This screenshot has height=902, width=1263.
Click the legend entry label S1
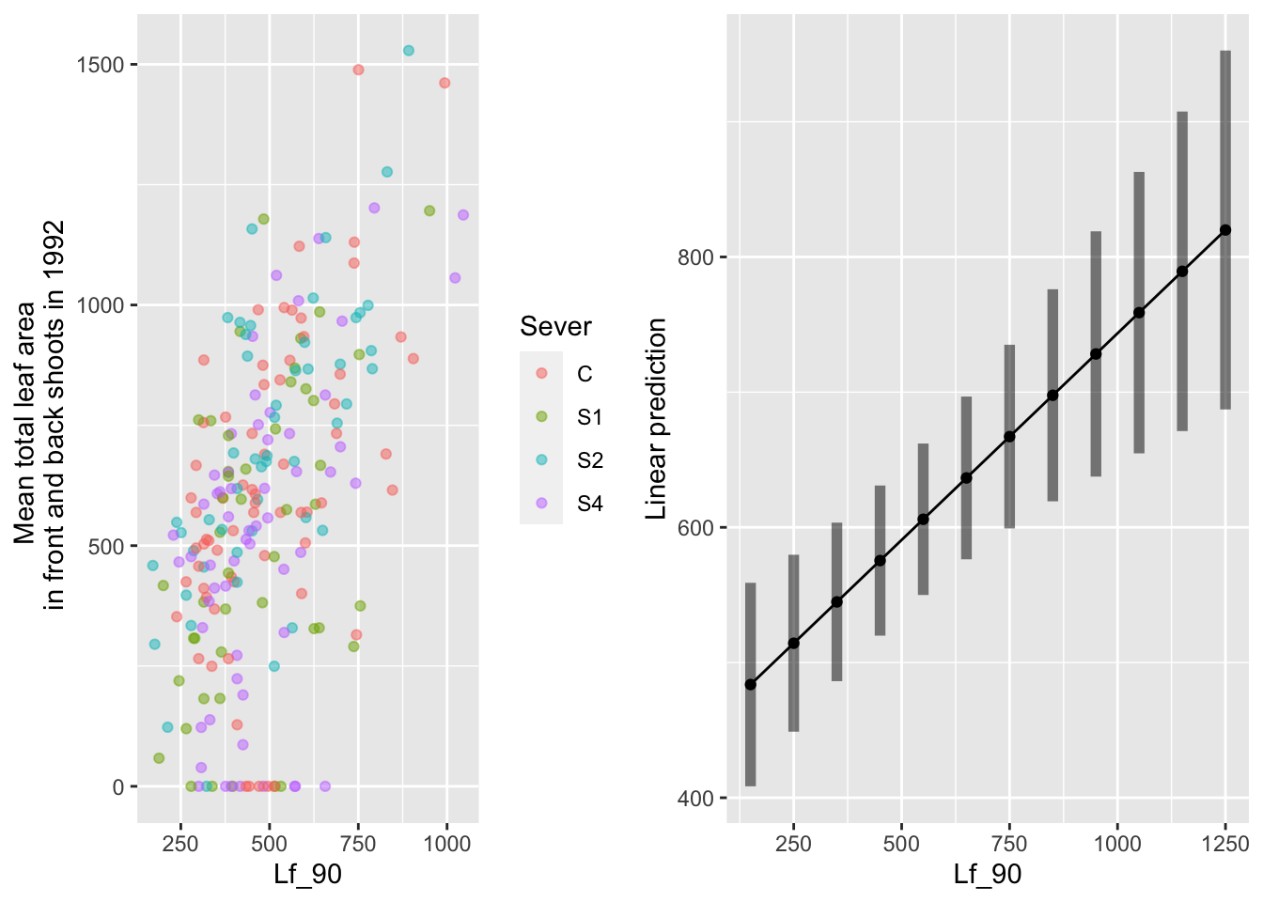click(x=589, y=417)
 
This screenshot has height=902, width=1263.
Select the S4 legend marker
click(x=541, y=504)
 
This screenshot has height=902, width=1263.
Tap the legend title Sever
click(x=555, y=327)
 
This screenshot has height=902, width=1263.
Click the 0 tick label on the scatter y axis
click(x=118, y=787)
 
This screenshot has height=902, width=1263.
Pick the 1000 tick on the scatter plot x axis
click(x=446, y=844)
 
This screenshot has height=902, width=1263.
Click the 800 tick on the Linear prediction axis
click(x=696, y=257)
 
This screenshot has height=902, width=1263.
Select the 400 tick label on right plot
click(x=696, y=799)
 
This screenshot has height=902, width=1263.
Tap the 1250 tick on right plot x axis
click(x=1225, y=844)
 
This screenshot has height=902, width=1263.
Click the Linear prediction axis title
click(x=657, y=418)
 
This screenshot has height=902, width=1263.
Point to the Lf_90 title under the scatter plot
click(x=307, y=875)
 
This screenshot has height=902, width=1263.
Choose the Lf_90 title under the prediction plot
click(x=987, y=875)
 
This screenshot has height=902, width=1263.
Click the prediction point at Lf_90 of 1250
click(x=1225, y=230)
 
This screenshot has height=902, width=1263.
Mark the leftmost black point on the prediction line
click(x=750, y=685)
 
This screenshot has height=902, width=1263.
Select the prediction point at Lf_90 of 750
click(x=1009, y=437)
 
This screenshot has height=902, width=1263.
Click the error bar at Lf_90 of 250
click(x=793, y=644)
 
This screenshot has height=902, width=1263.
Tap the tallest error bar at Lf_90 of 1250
click(x=1225, y=230)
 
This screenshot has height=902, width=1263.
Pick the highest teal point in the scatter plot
click(x=408, y=51)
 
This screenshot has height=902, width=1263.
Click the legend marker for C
click(x=541, y=374)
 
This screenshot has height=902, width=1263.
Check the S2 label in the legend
click(x=589, y=460)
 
